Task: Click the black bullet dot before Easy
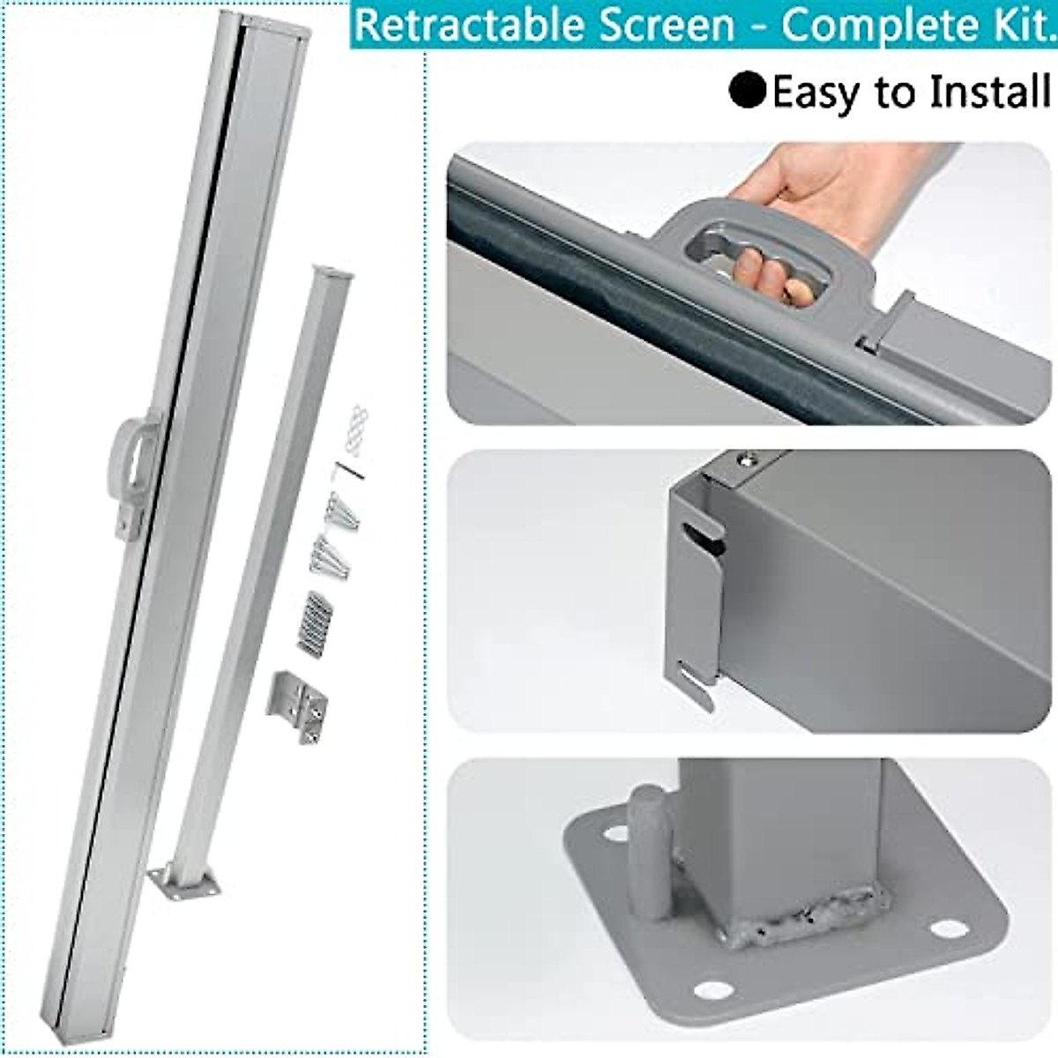tap(747, 91)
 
